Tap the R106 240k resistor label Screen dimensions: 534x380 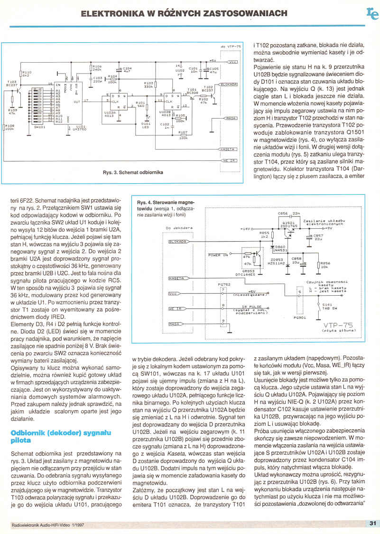(97, 68)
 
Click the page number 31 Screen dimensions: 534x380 (372, 523)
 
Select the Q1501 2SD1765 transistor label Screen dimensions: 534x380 (289, 224)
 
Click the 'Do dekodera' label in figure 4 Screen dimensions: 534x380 (179, 229)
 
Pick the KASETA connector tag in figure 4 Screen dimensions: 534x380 (176, 277)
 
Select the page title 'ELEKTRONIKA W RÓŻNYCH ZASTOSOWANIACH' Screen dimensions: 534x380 (184, 13)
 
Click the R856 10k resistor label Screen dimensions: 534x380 (325, 264)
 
